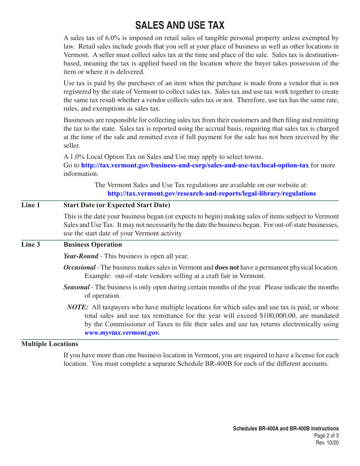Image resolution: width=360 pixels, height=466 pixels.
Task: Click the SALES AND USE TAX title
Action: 180,25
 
